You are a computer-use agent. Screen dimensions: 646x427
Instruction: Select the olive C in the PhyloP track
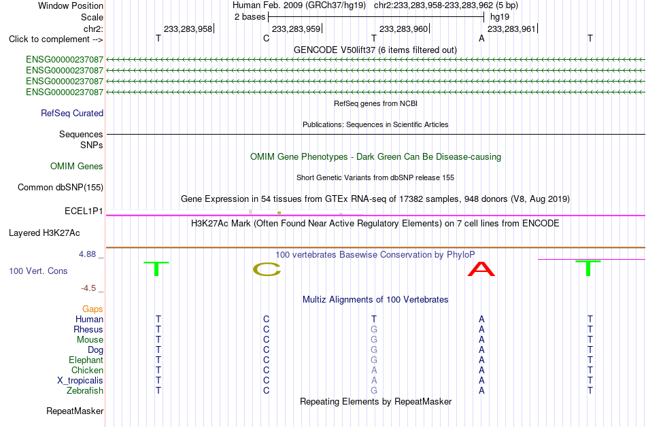[x=267, y=269]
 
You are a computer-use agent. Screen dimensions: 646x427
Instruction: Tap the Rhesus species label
[x=88, y=329]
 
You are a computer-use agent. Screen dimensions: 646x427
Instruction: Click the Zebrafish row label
[x=85, y=390]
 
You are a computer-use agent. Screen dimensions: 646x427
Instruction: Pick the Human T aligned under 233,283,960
[x=374, y=319]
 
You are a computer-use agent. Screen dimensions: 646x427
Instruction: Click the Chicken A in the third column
[x=374, y=370]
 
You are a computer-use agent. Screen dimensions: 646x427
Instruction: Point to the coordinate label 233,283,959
[x=296, y=29]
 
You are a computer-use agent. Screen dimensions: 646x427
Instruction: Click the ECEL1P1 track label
[x=84, y=211]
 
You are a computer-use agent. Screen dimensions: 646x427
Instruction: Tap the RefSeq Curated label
[x=72, y=114]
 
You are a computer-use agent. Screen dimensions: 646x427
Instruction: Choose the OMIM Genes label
[x=77, y=167]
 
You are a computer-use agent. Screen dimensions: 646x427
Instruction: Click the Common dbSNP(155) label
[x=61, y=188]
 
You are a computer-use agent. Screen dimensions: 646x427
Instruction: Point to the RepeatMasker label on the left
[x=75, y=411]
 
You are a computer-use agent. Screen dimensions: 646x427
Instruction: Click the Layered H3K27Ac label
[x=44, y=233]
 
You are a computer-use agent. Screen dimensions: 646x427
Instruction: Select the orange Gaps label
[x=92, y=309]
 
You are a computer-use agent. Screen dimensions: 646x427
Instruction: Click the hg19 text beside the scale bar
[x=500, y=17]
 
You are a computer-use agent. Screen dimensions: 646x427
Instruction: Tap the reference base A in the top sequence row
[x=481, y=38]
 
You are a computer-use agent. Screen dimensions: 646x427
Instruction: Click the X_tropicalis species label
[x=80, y=381]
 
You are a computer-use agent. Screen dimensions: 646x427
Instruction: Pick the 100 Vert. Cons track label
[x=38, y=271]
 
